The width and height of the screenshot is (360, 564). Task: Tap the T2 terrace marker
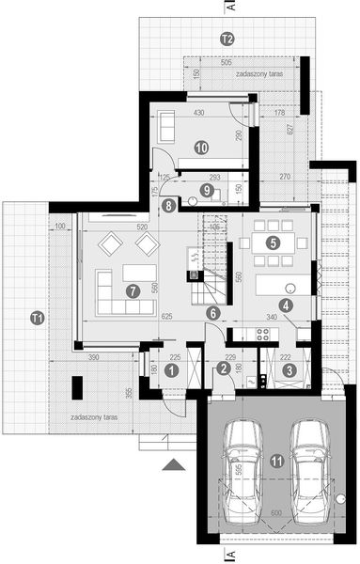[x=226, y=39]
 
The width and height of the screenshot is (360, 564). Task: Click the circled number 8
[x=167, y=204]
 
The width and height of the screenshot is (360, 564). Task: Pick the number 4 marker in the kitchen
[x=285, y=304]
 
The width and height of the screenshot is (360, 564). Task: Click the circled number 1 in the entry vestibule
[x=170, y=370]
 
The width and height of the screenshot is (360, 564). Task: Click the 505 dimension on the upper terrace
[x=227, y=63]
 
